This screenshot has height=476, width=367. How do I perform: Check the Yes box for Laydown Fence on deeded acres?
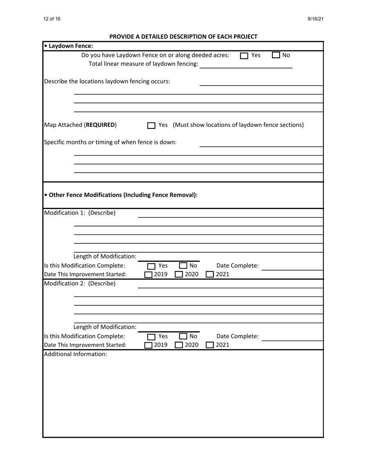coord(244,56)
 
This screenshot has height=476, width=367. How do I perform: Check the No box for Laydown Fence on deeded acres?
coord(276,55)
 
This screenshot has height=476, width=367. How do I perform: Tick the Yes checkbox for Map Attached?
coord(151,126)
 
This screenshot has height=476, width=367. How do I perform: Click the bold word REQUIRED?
coord(100,125)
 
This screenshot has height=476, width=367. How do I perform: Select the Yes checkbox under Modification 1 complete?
coord(151,266)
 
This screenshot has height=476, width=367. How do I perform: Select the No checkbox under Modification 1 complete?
coord(183,266)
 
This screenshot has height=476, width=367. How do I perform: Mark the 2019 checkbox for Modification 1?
coord(149,275)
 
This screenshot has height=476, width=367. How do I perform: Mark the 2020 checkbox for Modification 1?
coord(179,275)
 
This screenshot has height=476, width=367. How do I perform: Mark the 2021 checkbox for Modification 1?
coord(210,275)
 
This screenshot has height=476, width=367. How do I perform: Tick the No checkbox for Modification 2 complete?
coord(183,337)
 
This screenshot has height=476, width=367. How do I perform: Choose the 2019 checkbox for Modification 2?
coord(149,345)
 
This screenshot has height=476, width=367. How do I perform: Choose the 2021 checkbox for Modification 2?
coord(210,345)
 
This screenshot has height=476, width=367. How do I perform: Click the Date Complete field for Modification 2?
coord(292,337)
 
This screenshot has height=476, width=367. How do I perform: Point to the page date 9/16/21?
coord(316,19)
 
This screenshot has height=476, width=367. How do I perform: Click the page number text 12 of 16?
coord(52,19)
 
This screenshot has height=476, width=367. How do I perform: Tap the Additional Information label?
coord(75,354)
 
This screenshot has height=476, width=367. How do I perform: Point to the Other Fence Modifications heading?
coord(121,195)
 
